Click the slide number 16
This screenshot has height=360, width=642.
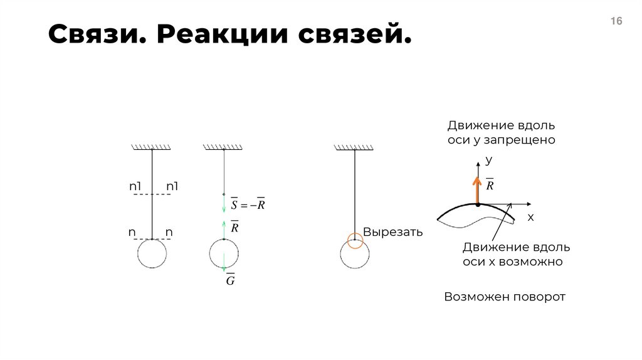pos(616,21)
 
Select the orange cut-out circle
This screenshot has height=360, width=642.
pos(355,240)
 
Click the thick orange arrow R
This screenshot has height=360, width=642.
pos(477,190)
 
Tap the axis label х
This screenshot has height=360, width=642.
pos(530,218)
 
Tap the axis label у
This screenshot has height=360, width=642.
pos(488,161)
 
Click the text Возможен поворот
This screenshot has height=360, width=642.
pos(505,297)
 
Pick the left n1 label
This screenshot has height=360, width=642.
pos(136,186)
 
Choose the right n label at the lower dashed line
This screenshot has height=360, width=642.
pos(169,233)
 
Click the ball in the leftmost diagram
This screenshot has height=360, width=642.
pos(152,254)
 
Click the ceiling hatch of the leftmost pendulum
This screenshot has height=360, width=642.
pos(152,147)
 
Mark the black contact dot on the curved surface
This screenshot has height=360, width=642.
pos(477,204)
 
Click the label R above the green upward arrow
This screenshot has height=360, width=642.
pos(234,227)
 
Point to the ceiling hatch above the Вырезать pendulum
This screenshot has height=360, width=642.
pos(355,147)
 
